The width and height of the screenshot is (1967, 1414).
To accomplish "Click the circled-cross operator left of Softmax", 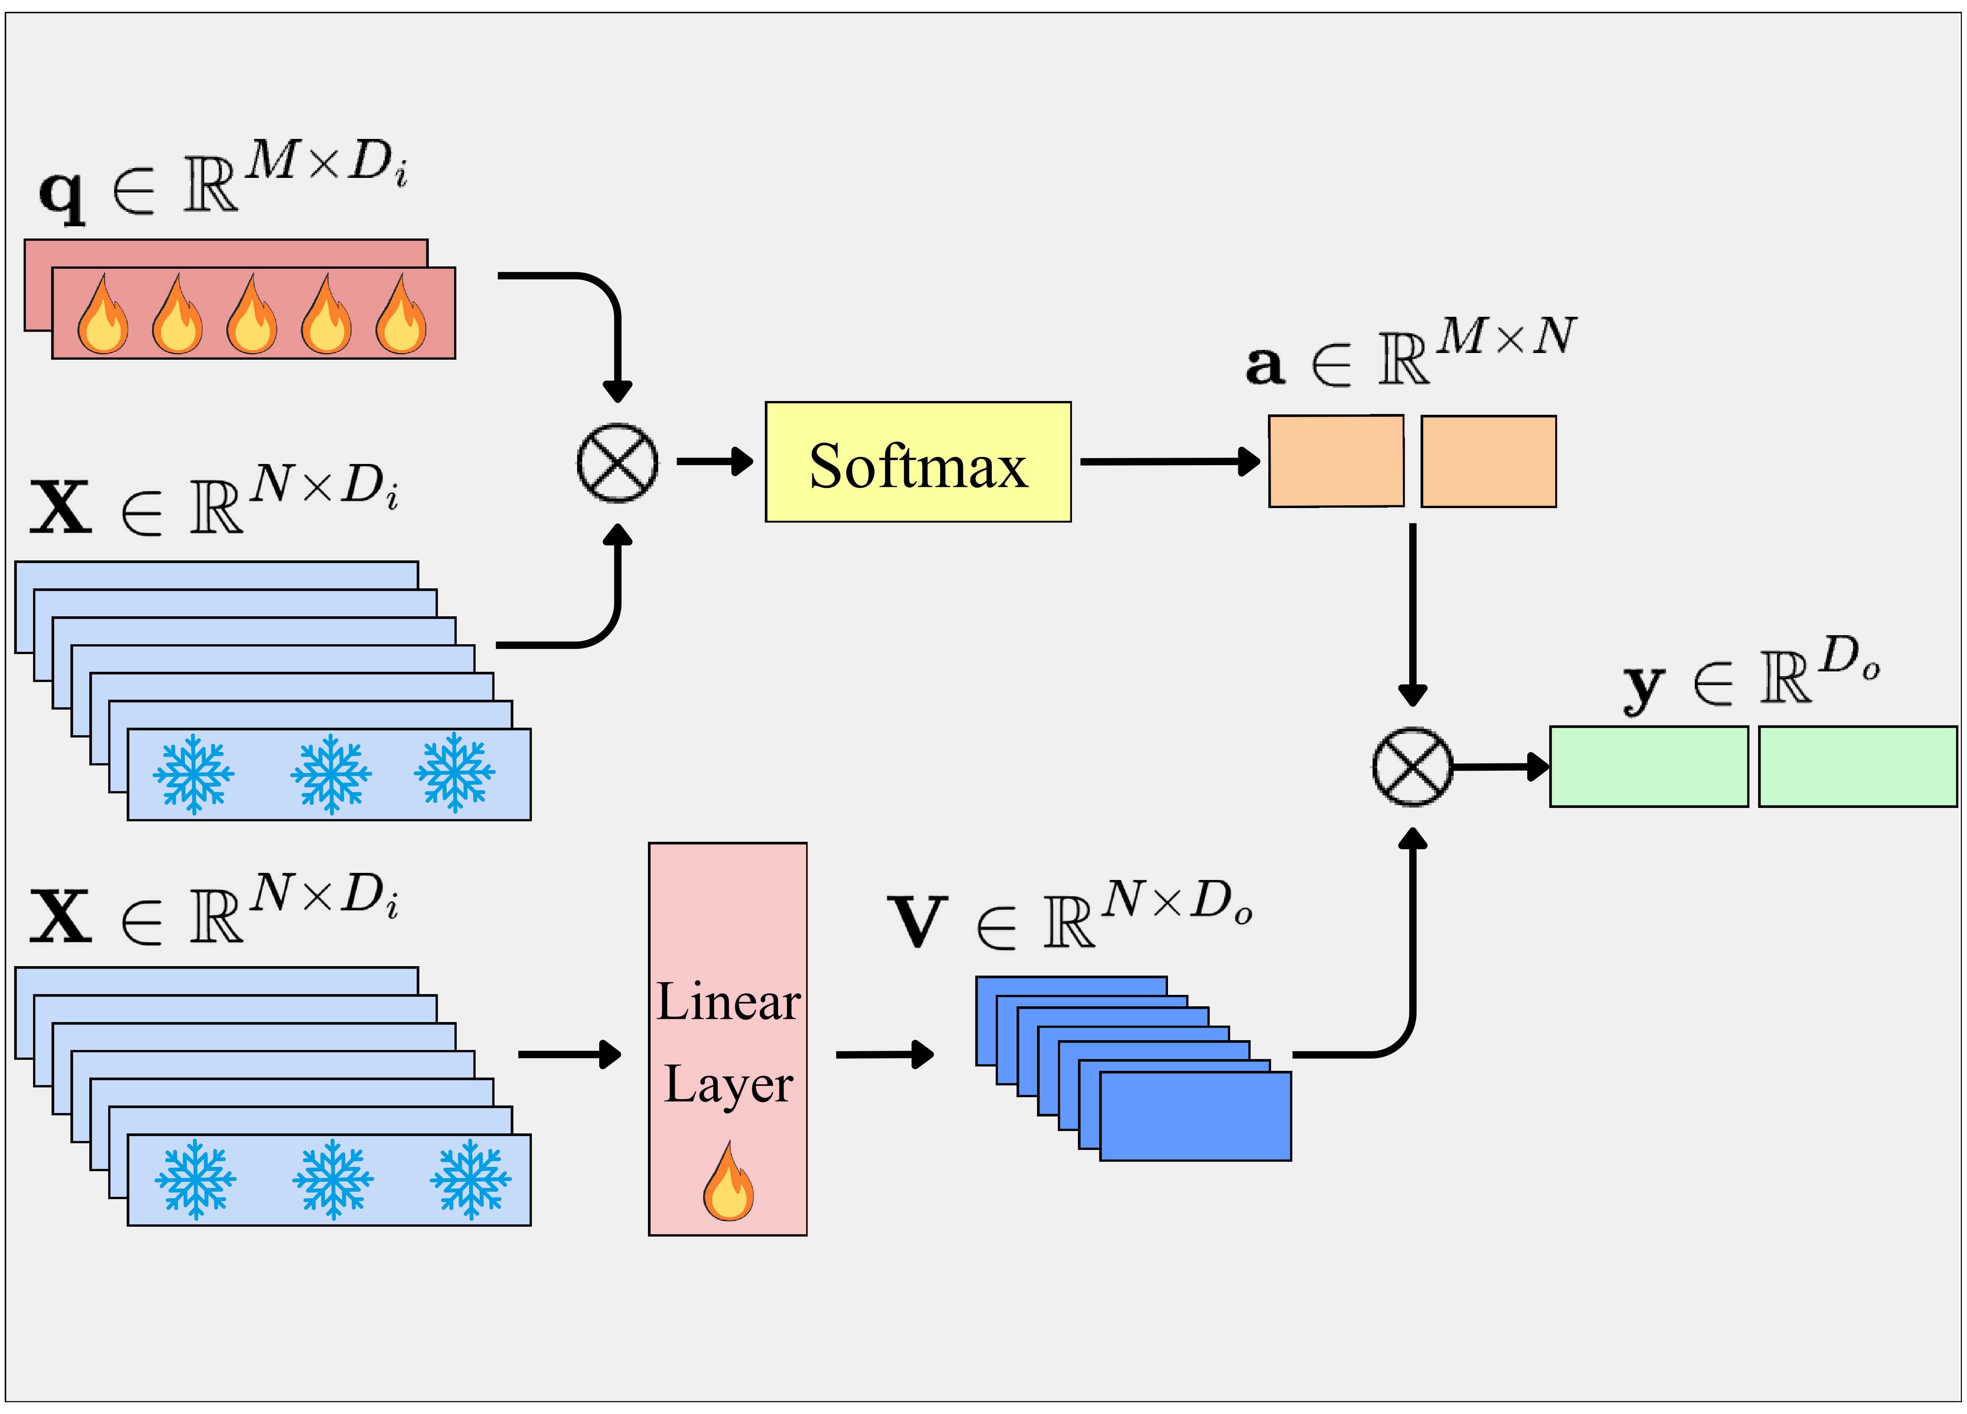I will coord(618,462).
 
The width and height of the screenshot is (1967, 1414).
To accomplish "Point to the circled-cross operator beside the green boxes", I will coord(1412,767).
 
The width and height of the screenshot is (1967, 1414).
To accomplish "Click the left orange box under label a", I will coord(1336,460).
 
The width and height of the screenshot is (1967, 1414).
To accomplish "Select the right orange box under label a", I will coord(1488,460).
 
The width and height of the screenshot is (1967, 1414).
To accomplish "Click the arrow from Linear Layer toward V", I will coord(885,1055).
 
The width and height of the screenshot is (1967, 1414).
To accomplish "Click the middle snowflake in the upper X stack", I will coord(330,773).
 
